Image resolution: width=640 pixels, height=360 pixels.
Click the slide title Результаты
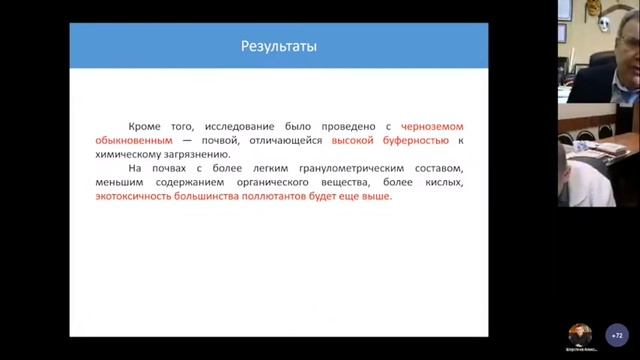tap(279, 47)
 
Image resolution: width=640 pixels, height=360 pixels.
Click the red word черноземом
tap(435, 127)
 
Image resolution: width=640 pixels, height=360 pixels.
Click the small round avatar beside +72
tap(579, 335)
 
